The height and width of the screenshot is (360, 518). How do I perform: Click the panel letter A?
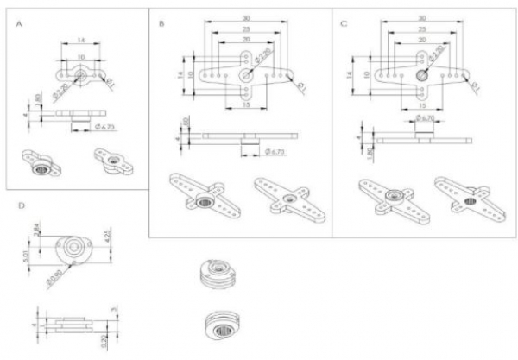pos(20,27)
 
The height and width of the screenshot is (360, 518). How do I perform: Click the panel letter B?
pos(162,25)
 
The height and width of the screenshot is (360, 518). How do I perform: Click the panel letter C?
pos(345,25)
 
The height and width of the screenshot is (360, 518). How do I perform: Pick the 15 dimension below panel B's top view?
pos(246,104)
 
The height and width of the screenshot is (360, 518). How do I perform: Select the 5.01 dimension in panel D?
pos(27,256)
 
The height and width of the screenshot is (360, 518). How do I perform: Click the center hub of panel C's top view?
pos(423,75)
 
